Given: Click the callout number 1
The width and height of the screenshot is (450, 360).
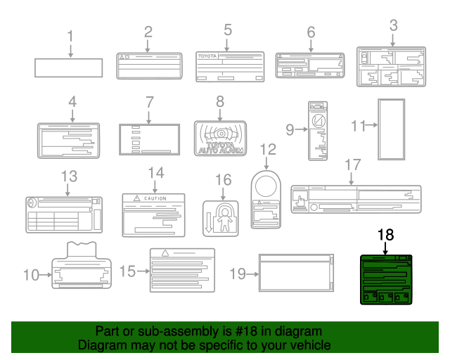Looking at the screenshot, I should [70, 35].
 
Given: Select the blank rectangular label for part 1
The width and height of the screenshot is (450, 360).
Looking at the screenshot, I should [69, 67].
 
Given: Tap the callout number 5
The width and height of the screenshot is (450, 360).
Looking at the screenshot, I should [228, 30].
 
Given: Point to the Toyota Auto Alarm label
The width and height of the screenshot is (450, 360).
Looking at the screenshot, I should [220, 138].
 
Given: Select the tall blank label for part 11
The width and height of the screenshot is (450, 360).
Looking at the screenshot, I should [391, 129].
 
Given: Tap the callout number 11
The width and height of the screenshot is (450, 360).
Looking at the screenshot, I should [359, 127].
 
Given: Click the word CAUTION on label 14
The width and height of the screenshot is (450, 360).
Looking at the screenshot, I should [155, 199].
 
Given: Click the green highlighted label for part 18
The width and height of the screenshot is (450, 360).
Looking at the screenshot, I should [385, 279].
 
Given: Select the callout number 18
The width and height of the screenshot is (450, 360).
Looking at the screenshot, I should [385, 234].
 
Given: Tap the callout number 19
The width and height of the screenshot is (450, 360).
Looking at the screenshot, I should [240, 274].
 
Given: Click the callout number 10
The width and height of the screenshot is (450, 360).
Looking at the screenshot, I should [31, 274].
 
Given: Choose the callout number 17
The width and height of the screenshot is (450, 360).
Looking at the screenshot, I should [352, 165].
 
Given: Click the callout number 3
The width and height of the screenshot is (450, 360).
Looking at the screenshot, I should [393, 26].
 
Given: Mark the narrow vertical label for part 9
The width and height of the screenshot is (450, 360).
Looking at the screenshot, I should [318, 130].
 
